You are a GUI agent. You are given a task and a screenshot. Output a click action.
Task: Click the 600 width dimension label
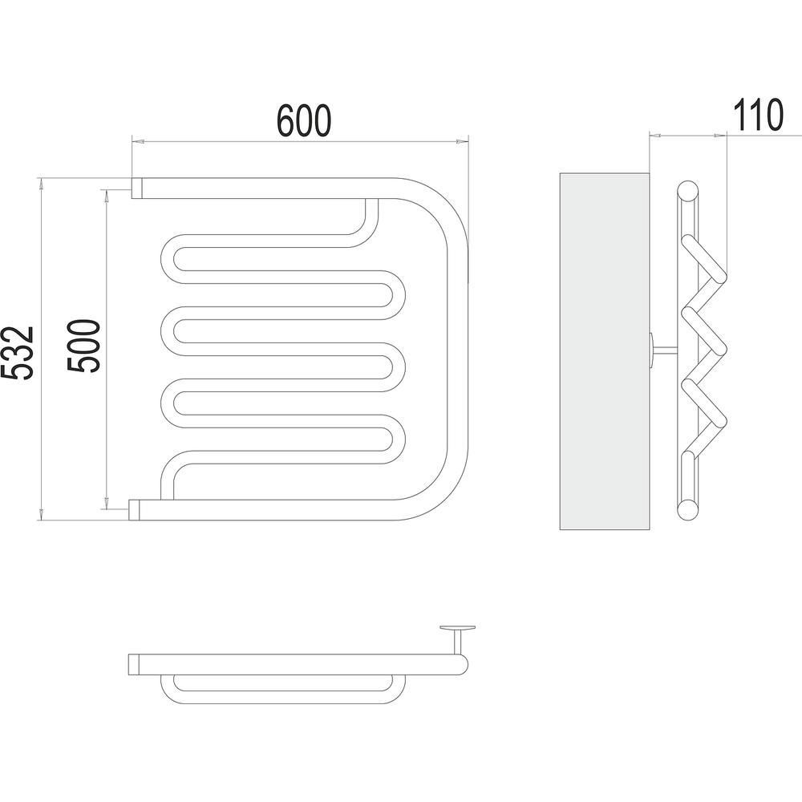click(304, 121)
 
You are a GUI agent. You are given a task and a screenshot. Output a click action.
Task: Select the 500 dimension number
click(84, 346)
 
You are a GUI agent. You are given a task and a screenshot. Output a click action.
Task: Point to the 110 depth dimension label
click(758, 115)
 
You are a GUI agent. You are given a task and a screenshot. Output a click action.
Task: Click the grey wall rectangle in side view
click(605, 351)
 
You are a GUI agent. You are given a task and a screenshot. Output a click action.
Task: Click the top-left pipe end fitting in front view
click(137, 188)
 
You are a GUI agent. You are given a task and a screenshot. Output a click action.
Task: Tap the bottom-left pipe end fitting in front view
click(134, 510)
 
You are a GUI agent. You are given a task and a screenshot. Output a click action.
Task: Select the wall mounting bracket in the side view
click(663, 350)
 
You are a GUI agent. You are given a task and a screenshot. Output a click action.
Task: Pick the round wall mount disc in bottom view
click(457, 627)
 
